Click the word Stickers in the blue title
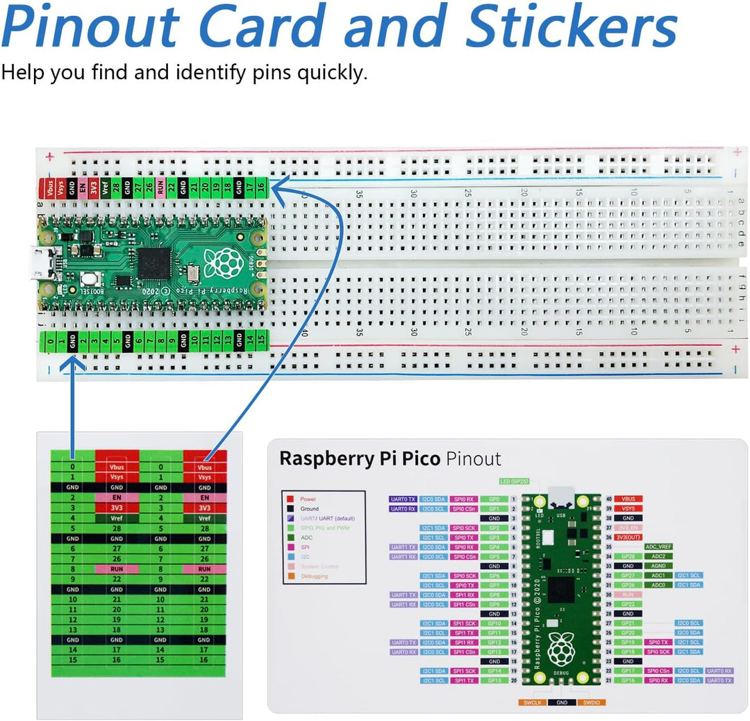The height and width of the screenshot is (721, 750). pos(571,28)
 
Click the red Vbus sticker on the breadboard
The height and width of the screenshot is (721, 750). pos(50,188)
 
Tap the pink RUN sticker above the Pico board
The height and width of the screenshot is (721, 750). pos(160,188)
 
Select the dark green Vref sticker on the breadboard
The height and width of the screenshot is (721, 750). pos(105,188)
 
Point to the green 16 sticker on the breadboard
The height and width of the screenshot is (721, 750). pos(260,188)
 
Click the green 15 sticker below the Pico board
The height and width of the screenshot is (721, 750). pos(260,340)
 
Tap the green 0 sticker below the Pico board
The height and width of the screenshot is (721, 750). pos(50,340)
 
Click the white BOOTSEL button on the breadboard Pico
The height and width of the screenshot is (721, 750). pos(88,279)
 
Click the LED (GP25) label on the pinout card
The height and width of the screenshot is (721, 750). pos(515,481)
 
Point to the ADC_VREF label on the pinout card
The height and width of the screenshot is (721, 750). pos(658,547)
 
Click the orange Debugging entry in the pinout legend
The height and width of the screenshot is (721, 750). pos(314,576)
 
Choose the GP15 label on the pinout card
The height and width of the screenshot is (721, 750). pos(494,681)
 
